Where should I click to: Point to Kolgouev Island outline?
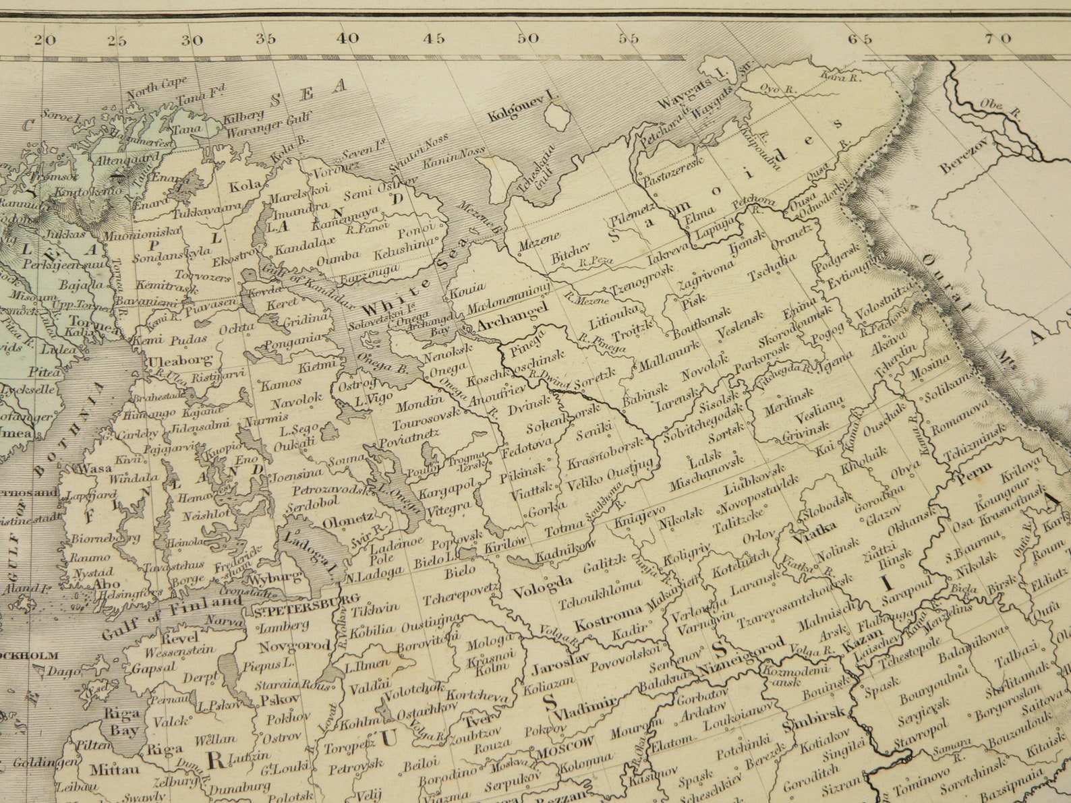click(x=558, y=119)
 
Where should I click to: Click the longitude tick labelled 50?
click(x=528, y=38)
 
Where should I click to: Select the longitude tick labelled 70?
click(x=997, y=38)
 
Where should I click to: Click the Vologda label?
click(x=542, y=586)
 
